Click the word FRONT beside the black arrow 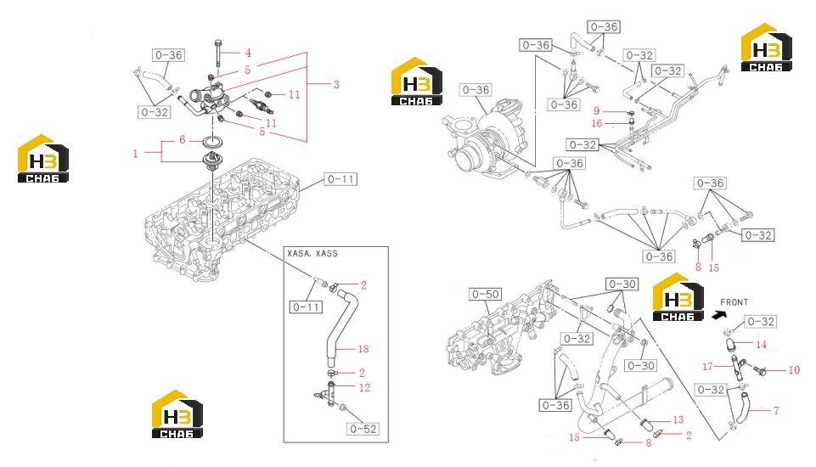pos(734,302)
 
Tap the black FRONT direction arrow pos(721,314)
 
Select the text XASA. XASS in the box pos(312,254)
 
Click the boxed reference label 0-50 pos(485,294)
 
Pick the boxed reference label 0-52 pos(363,429)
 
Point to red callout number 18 pos(363,349)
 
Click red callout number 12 pos(364,387)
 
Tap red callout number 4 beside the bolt pos(248,53)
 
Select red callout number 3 pos(336,84)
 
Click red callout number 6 pos(183,139)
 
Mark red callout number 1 pos(135,154)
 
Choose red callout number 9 pos(597,111)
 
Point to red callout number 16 pos(597,123)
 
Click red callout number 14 pos(761,345)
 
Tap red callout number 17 pos(707,367)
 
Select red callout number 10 pos(794,370)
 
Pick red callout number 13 pos(678,419)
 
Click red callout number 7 pos(776,411)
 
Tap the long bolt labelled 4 pos(217,57)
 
